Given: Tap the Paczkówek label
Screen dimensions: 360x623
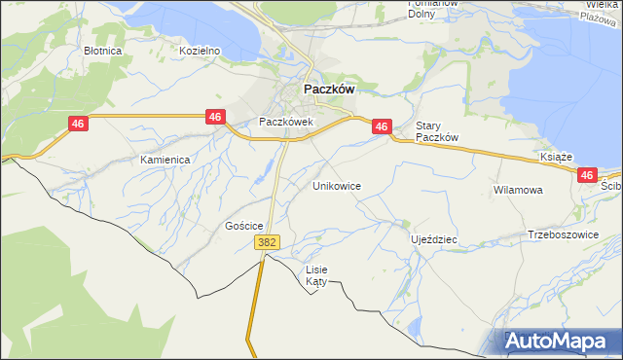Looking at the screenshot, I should point(284,122).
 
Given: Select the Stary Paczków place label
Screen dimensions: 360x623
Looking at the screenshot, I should point(437,131).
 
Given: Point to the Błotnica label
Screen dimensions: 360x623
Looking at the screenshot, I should point(102,50).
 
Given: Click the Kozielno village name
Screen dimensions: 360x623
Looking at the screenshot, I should point(202,50).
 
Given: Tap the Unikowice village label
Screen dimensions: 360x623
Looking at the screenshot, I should point(337,185).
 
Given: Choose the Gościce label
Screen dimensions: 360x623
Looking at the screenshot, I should point(244,225).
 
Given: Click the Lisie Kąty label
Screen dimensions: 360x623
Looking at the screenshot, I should point(317,274).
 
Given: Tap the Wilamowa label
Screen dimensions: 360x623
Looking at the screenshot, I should point(517,190).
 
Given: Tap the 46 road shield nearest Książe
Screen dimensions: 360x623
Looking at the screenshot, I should point(586,175).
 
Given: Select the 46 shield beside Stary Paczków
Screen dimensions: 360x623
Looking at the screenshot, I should point(382,126).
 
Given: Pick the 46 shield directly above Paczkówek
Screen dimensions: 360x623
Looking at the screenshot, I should point(216,117).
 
